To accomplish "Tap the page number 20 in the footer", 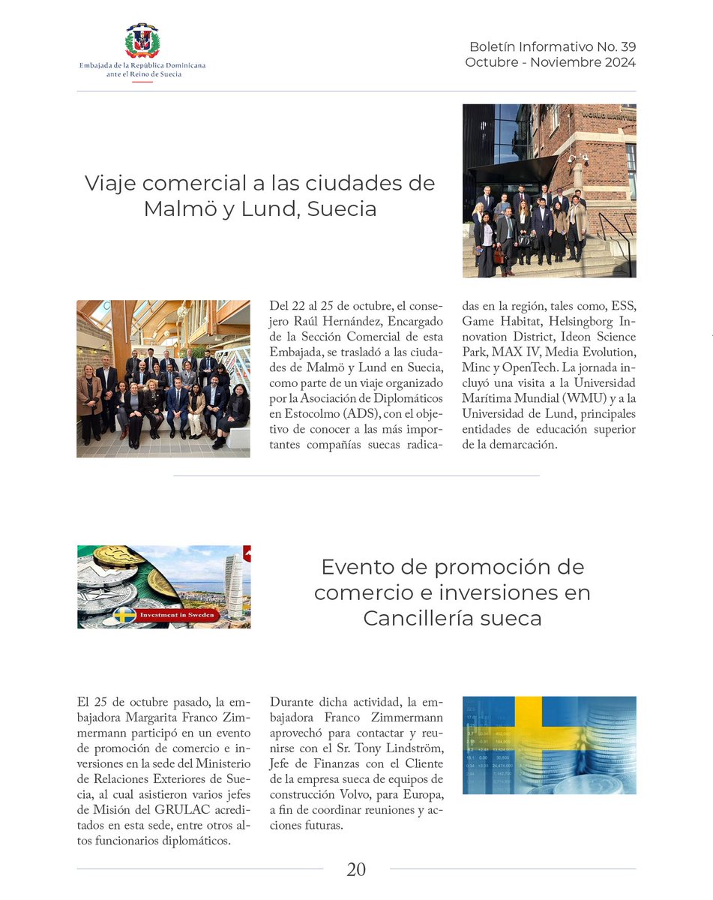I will tap(356, 869).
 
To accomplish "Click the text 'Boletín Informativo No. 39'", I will tap(553, 47).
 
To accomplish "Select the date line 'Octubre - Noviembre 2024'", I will tap(550, 62).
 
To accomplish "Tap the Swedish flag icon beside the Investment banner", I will tap(124, 616).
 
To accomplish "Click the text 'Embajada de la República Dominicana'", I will tap(142, 66).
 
